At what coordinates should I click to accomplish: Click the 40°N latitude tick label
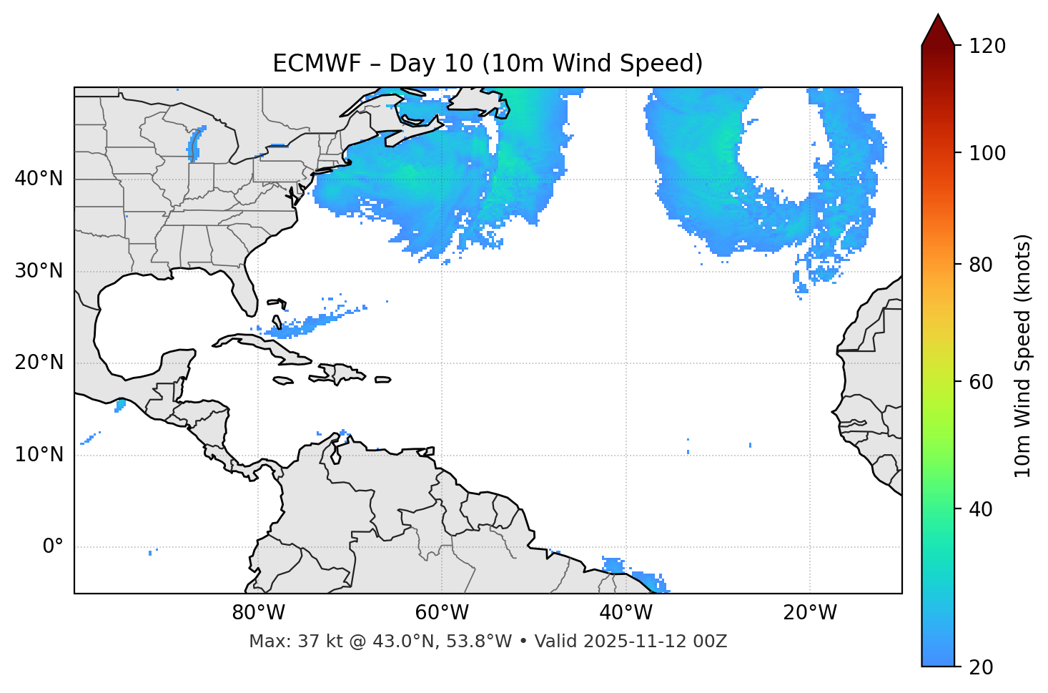tap(39, 179)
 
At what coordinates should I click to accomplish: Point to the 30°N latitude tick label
tap(39, 271)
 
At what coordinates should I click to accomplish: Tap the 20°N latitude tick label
tap(39, 363)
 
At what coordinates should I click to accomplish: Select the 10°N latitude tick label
tap(39, 455)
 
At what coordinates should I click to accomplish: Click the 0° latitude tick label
tap(53, 547)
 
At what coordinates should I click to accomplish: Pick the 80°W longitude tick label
tap(258, 613)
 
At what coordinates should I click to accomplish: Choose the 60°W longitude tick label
tap(442, 613)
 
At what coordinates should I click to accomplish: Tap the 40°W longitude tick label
tap(626, 613)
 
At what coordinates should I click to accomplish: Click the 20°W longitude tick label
tap(810, 613)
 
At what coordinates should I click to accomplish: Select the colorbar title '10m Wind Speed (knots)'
tap(1023, 355)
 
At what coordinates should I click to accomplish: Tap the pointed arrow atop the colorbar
tap(938, 30)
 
